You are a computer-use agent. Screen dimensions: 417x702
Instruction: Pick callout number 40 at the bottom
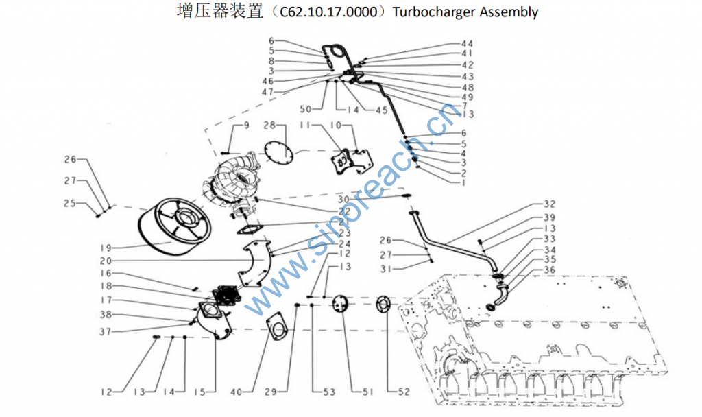[x=236, y=392]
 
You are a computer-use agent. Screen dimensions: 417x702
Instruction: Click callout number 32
[x=549, y=204]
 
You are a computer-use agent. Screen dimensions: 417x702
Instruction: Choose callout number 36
[x=549, y=270]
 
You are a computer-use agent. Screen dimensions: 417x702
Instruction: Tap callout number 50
[x=306, y=110]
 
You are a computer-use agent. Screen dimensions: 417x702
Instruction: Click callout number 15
[x=199, y=392]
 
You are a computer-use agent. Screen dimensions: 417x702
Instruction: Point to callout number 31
[x=385, y=270]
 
